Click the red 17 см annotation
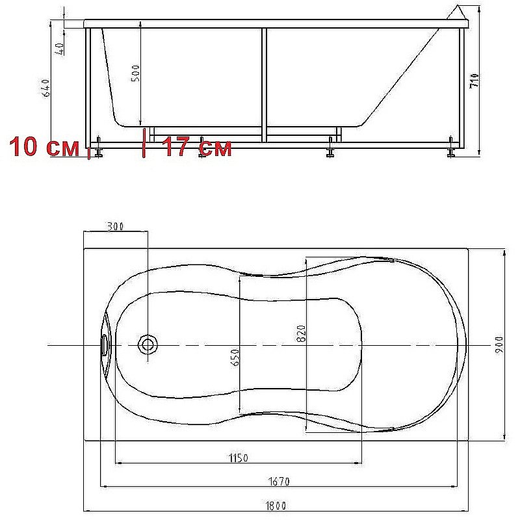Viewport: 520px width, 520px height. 198,147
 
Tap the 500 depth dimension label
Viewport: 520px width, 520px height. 136,73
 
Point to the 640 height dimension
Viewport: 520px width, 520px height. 46,88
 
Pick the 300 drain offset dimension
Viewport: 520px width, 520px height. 116,226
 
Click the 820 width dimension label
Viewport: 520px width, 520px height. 301,333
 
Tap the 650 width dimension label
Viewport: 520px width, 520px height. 235,357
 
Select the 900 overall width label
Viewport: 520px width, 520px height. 499,345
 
